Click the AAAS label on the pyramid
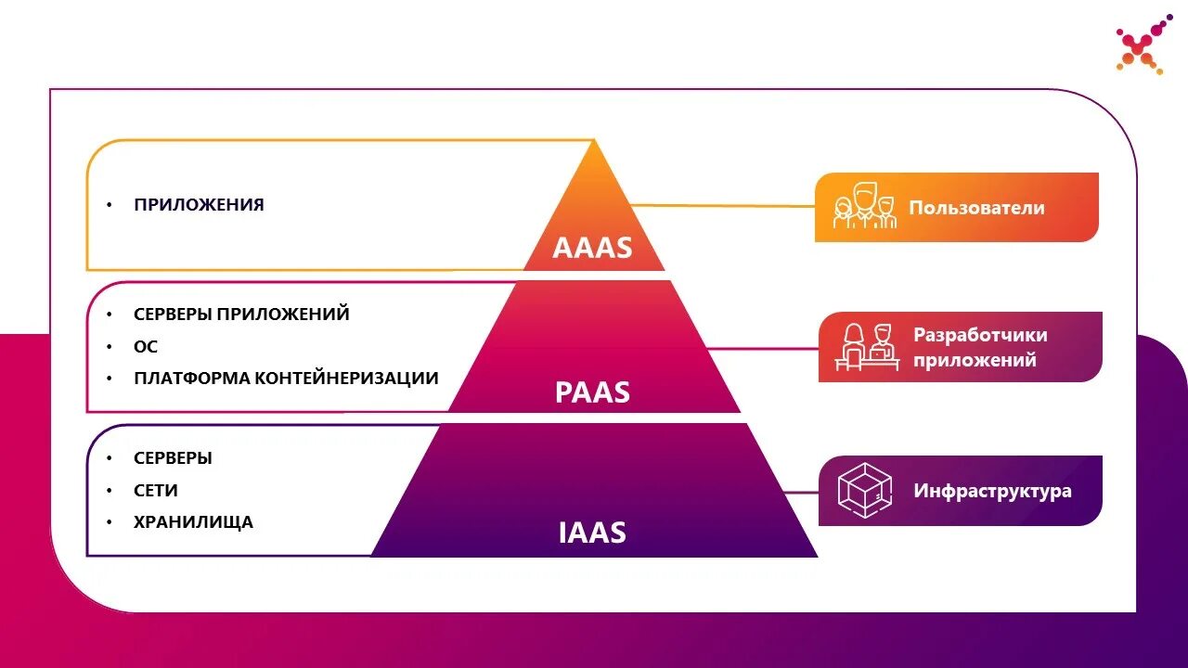592,248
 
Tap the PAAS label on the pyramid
592,392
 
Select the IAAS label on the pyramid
592,533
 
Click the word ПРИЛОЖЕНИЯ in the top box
199,205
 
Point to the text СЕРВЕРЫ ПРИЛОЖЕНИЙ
241,315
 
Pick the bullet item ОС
146,347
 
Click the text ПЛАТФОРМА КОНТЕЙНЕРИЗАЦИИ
286,379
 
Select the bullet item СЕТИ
156,490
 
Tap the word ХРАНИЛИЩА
193,522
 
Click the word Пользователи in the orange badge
976,208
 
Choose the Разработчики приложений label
980,347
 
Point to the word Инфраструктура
992,491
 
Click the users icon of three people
864,207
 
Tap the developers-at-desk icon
867,346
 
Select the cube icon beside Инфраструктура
864,490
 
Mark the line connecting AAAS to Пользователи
724,206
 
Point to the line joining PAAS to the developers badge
761,349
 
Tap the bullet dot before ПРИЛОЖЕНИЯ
110,205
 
